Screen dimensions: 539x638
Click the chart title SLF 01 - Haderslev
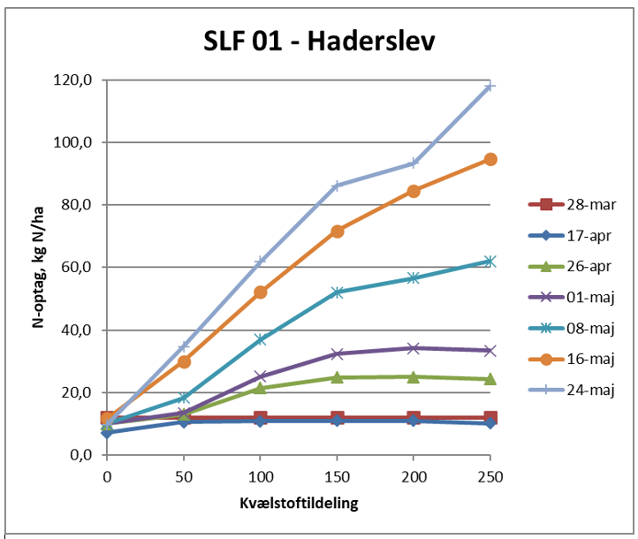point(318,42)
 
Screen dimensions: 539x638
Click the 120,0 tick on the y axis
point(74,80)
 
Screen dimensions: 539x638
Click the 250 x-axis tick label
point(490,477)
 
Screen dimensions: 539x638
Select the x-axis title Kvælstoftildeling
point(298,505)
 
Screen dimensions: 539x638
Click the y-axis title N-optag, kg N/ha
point(39,267)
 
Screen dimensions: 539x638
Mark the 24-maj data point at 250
point(490,87)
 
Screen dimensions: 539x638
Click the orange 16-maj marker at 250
point(490,159)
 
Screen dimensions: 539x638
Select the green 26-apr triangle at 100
point(261,387)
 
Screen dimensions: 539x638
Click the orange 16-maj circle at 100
point(261,292)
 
